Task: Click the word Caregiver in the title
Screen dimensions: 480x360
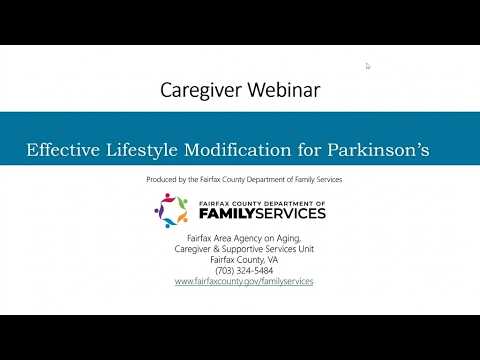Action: tap(201, 91)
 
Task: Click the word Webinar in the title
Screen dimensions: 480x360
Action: tap(284, 90)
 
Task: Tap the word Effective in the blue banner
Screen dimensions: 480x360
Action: tap(63, 149)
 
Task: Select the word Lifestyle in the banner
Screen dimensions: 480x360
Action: tap(142, 150)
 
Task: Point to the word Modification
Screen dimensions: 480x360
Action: tap(238, 149)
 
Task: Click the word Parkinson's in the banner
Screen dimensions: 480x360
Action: tap(378, 149)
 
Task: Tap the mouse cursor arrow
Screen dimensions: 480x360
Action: tap(368, 67)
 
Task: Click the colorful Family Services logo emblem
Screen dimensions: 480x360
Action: tap(172, 210)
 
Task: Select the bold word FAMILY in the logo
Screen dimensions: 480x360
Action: tap(227, 213)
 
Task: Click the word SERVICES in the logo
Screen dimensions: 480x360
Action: tap(290, 213)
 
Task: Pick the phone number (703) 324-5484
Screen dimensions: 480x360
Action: tap(244, 270)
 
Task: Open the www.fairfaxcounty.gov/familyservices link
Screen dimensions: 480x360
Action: tap(244, 281)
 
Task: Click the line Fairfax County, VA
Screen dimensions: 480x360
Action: tap(244, 260)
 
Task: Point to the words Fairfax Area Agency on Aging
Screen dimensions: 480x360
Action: tap(244, 238)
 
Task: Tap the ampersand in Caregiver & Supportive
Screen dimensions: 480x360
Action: tap(216, 249)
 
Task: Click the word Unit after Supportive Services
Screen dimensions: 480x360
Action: tap(306, 249)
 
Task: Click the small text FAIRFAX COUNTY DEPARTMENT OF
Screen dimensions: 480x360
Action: tap(262, 204)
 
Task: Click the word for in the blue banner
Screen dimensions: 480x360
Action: tap(309, 149)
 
